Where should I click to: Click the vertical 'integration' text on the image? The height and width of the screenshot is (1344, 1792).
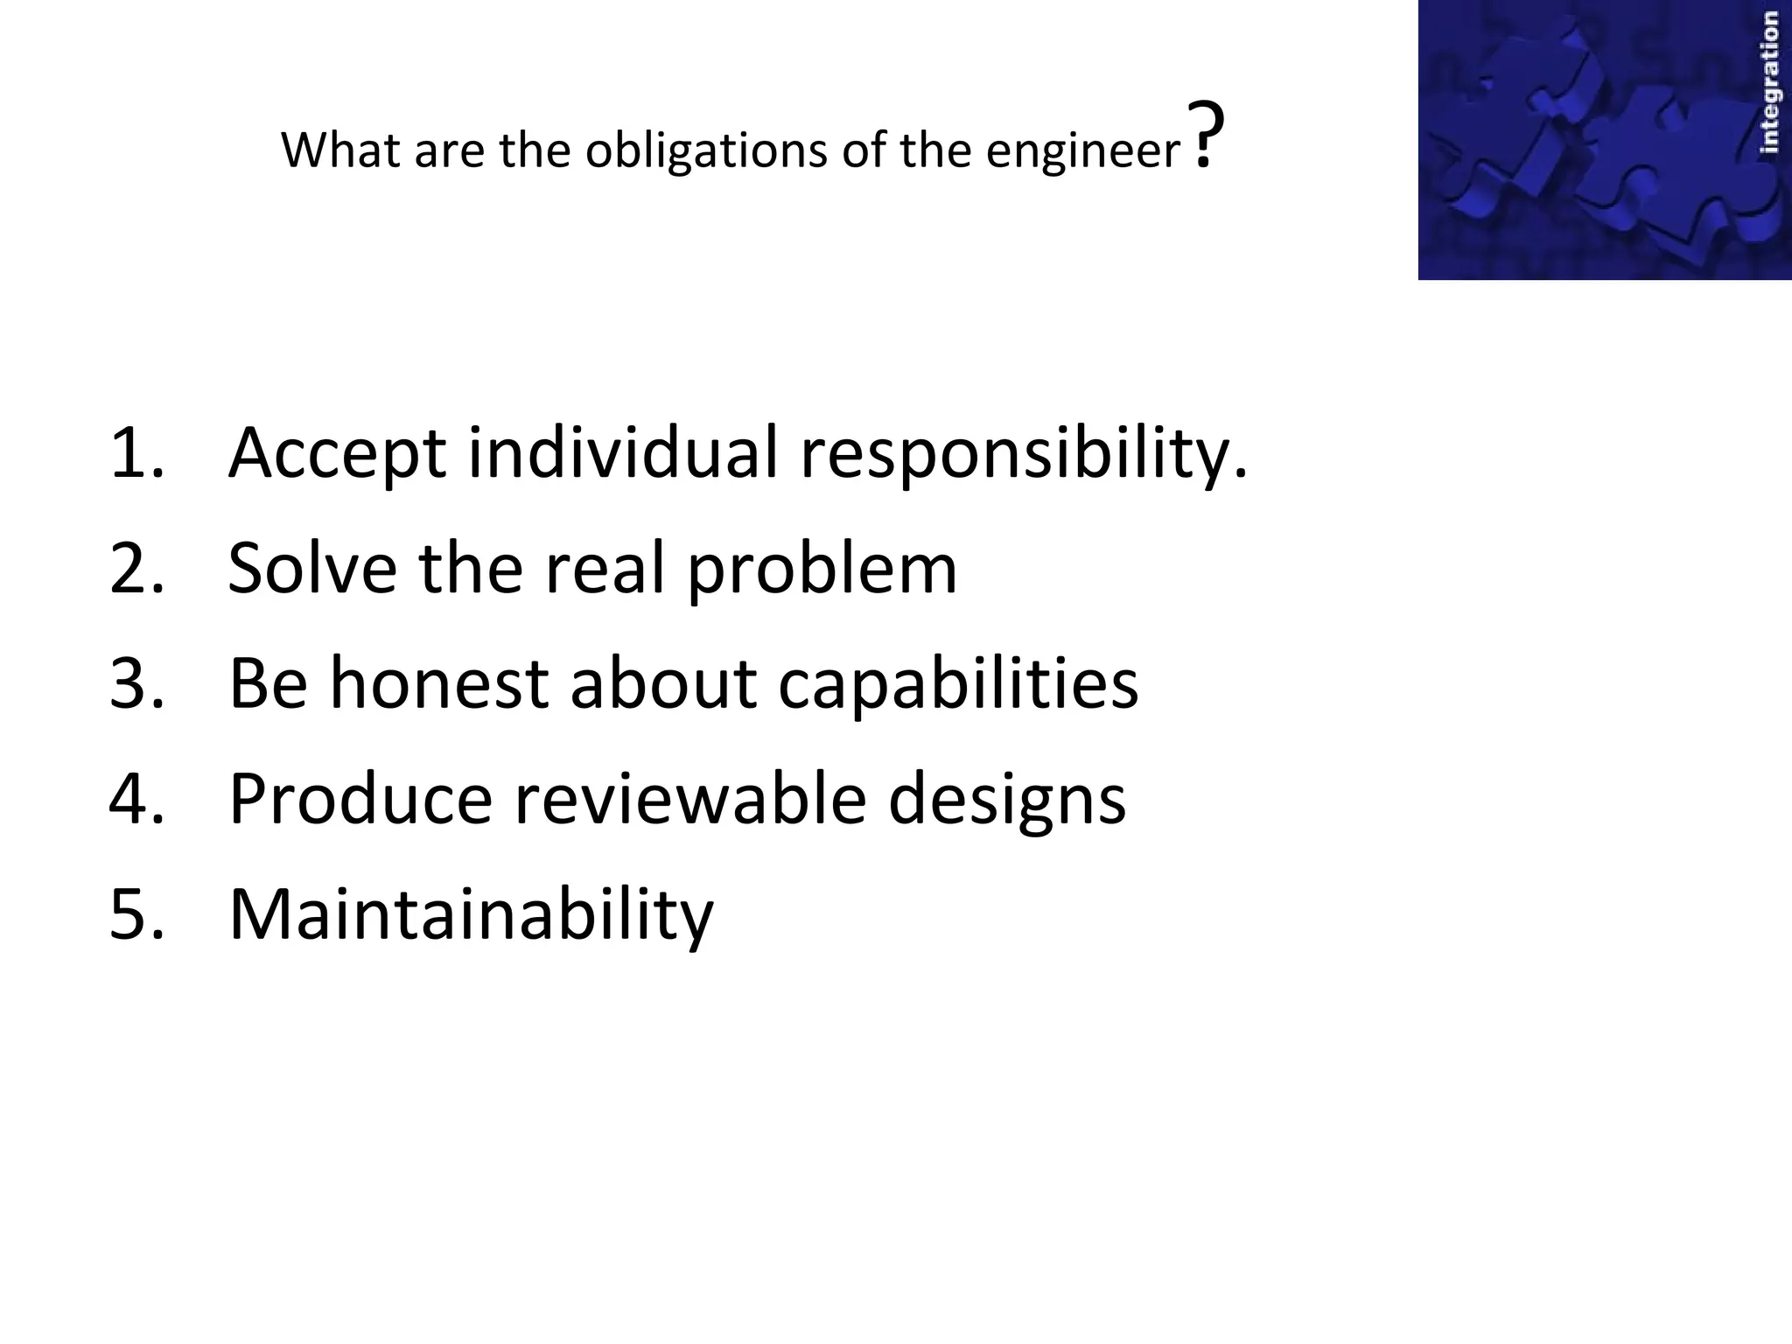point(1768,84)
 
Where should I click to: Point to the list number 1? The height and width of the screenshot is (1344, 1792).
point(136,452)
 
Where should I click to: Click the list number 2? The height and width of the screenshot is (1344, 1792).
point(136,568)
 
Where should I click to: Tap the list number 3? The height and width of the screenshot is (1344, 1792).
point(136,683)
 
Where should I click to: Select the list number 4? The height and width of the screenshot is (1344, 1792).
point(136,798)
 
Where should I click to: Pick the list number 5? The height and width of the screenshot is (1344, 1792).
point(136,913)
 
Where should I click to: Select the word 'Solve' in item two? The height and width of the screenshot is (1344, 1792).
point(311,568)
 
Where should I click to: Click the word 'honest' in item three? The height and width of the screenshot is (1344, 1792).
point(438,683)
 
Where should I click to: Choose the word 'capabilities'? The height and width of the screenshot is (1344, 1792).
point(958,685)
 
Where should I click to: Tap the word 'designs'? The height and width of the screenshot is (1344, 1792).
point(1007,800)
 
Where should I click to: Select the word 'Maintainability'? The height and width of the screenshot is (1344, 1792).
point(471,915)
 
